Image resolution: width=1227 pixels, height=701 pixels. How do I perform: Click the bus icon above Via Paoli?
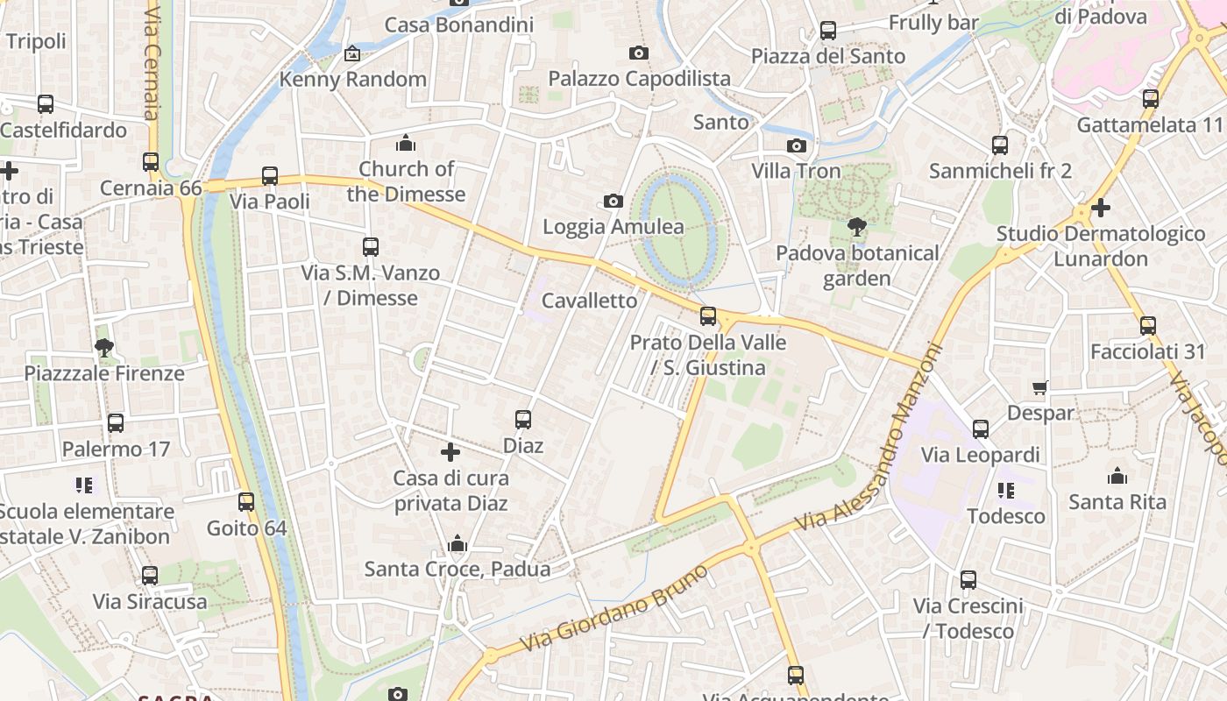pos(270,176)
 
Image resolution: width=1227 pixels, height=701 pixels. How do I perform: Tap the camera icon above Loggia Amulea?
pos(613,202)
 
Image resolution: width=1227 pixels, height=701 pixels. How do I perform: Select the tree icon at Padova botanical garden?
pos(857,228)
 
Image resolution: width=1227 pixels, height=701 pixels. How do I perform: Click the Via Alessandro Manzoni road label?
pos(868,438)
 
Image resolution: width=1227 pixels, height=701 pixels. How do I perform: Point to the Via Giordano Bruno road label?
pos(614,608)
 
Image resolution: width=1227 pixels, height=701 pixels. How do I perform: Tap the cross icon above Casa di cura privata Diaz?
pos(450,452)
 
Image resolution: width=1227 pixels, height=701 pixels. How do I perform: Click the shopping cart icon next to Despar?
pos(1040,387)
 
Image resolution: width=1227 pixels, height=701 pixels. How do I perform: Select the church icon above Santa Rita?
pos(1117,476)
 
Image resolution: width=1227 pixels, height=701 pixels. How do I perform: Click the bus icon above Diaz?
pos(523,420)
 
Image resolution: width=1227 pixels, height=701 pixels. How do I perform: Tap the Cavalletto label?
pos(590,301)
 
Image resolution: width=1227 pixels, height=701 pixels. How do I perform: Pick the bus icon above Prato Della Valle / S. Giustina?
pos(708,316)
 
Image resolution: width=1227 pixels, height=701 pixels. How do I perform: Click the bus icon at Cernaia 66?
pos(151,162)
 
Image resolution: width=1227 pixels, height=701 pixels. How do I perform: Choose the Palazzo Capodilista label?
pos(639,78)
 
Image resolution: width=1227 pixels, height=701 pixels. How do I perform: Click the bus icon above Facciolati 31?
pos(1148,326)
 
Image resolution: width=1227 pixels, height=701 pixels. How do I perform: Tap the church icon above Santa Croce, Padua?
pos(457,544)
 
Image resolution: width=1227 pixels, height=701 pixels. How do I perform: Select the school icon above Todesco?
pos(1006,491)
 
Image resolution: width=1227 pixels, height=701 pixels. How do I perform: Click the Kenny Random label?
pos(352,79)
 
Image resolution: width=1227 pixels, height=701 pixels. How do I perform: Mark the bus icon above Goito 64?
pos(246,502)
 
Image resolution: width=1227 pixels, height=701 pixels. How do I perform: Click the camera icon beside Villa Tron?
pos(796,145)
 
